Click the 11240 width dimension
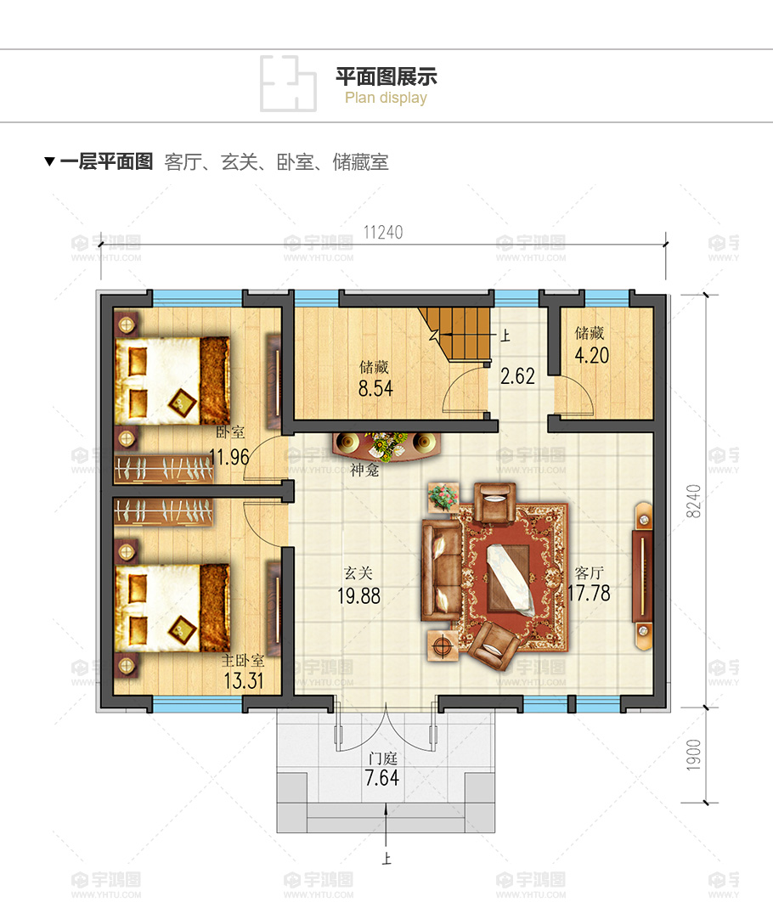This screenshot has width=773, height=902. (383, 232)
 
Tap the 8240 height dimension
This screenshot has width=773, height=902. (694, 501)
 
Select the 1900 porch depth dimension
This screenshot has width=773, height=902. (694, 755)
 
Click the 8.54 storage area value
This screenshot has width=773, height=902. (375, 388)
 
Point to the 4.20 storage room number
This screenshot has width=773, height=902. (592, 355)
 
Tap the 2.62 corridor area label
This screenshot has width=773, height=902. (517, 375)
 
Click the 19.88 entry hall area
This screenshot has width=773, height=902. (358, 595)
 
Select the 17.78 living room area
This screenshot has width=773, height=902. (589, 593)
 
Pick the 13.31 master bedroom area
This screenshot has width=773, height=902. (243, 680)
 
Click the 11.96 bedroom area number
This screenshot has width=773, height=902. (229, 457)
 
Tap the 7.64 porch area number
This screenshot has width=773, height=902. (382, 778)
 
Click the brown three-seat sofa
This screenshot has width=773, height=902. (441, 570)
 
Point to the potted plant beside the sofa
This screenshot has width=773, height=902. (443, 497)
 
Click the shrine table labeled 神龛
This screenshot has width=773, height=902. (387, 446)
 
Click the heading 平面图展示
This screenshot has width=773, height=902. (386, 76)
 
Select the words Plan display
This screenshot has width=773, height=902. (386, 98)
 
